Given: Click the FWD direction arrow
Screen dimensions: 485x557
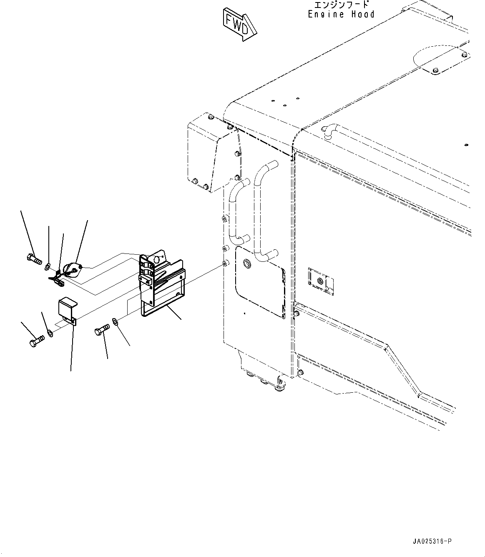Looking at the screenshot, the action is click(240, 24).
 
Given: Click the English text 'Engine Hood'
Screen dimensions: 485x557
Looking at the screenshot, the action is click(341, 14).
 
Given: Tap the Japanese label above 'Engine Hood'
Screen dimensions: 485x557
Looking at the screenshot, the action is click(342, 5).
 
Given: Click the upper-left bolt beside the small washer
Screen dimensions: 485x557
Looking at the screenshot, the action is click(35, 258).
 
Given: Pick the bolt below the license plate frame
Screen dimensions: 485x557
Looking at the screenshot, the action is click(102, 329).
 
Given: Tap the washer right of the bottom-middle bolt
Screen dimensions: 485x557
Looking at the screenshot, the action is click(115, 322).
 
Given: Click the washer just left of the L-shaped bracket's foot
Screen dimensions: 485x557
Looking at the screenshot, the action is click(50, 333).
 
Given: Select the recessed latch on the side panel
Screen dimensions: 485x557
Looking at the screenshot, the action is click(321, 281).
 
